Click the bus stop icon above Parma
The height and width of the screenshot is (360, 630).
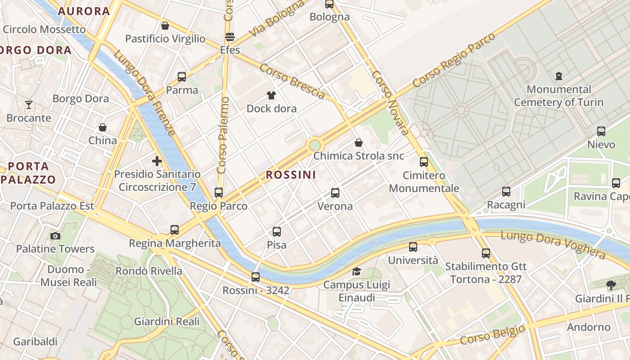pyautogui.click(x=182, y=77)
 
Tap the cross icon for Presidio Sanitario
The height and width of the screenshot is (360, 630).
pyautogui.click(x=157, y=161)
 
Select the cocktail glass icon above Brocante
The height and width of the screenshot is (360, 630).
pyautogui.click(x=29, y=105)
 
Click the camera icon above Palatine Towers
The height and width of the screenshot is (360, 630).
pyautogui.click(x=55, y=236)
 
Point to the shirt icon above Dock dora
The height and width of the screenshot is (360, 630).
pyautogui.click(x=271, y=95)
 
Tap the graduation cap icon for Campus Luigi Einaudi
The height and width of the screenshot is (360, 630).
pyautogui.click(x=357, y=271)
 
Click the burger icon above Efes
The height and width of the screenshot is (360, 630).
pyautogui.click(x=230, y=37)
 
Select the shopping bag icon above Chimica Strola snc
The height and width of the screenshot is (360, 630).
pyautogui.click(x=359, y=143)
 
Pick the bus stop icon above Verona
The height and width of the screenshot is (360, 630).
pyautogui.click(x=335, y=193)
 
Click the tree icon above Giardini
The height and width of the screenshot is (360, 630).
pyautogui.click(x=611, y=285)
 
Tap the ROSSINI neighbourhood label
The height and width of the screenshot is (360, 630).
pyautogui.click(x=291, y=175)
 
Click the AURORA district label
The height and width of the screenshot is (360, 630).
pyautogui.click(x=84, y=11)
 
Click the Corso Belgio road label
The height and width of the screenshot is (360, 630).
pyautogui.click(x=492, y=334)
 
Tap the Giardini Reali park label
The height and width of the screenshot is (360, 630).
pyautogui.click(x=166, y=321)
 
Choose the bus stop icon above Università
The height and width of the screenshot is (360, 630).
pyautogui.click(x=413, y=247)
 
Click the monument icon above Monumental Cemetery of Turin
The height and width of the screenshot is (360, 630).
pyautogui.click(x=559, y=76)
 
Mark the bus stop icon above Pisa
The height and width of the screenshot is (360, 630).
pyautogui.click(x=277, y=232)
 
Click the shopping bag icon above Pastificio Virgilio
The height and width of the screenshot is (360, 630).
pyautogui.click(x=165, y=26)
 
